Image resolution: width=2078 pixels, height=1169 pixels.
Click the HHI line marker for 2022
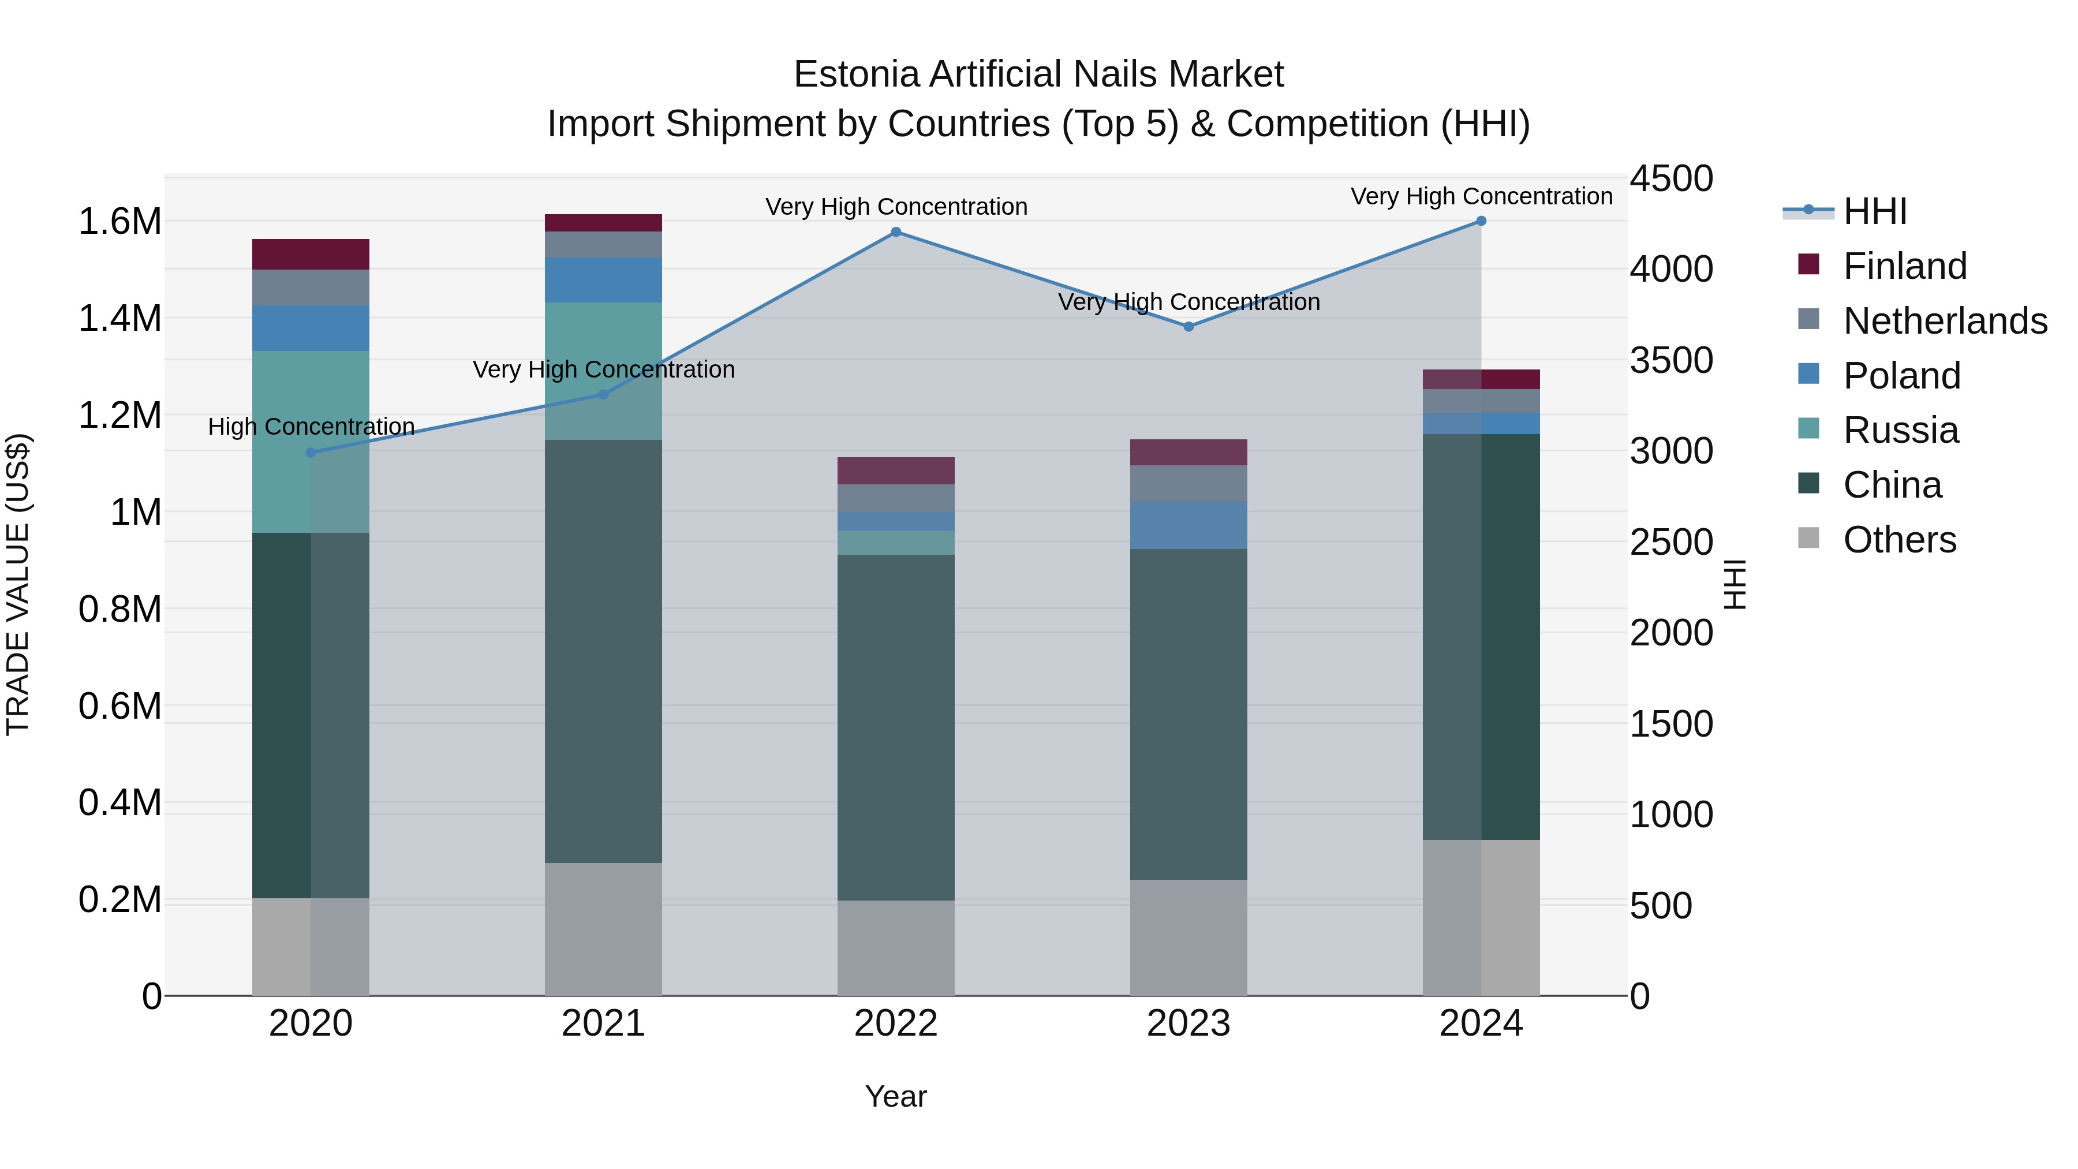[x=895, y=232]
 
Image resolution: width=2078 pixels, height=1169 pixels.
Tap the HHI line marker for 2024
[x=1481, y=221]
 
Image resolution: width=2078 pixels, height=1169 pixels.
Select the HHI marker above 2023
[x=1189, y=327]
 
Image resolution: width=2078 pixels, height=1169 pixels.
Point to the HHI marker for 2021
[x=603, y=394]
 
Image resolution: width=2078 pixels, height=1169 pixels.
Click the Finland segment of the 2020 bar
[x=311, y=254]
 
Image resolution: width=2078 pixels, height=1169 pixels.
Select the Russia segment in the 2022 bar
[x=895, y=543]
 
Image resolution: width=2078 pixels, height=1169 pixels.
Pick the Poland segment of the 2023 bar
[x=1189, y=525]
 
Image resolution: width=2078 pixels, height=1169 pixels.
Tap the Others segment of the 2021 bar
[x=603, y=929]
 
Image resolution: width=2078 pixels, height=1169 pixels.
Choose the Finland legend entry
[x=1905, y=266]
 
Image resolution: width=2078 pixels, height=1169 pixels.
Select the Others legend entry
[x=1899, y=540]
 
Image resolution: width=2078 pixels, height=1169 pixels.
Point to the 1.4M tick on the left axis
[x=120, y=319]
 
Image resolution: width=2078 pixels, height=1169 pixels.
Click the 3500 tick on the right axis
[x=1670, y=361]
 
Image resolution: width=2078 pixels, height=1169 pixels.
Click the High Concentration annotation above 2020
[x=311, y=427]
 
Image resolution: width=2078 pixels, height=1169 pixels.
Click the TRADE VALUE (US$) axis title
[x=18, y=584]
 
